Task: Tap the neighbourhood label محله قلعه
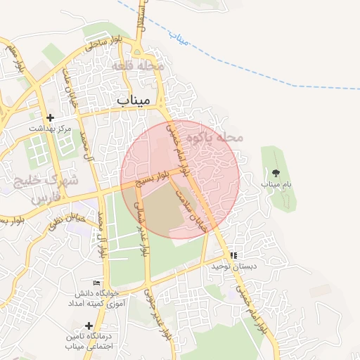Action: click(x=138, y=65)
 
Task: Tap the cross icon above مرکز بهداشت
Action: click(x=49, y=118)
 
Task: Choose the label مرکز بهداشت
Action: click(x=51, y=130)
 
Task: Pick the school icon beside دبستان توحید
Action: click(x=233, y=255)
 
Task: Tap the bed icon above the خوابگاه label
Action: click(x=96, y=283)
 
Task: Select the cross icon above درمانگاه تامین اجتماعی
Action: click(x=89, y=326)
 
